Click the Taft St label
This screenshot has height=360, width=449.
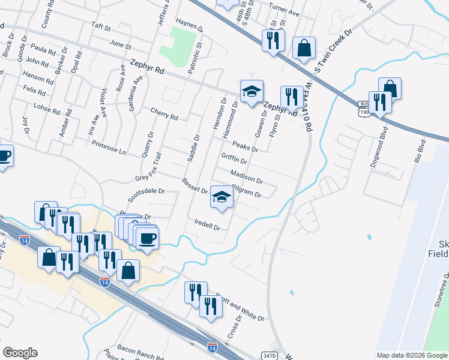(101, 28)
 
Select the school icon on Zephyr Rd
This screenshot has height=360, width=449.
(252, 91)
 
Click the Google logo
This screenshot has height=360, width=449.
(20, 353)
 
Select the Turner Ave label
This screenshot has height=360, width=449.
(284, 12)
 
